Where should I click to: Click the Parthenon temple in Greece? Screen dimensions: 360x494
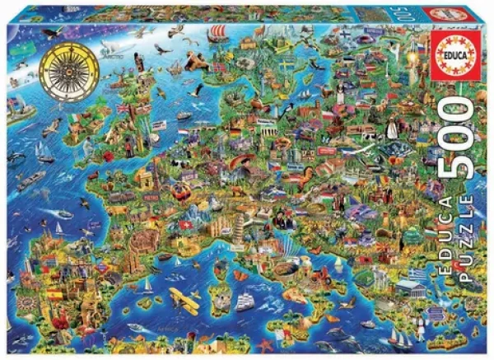pyautogui.click(x=407, y=288)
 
